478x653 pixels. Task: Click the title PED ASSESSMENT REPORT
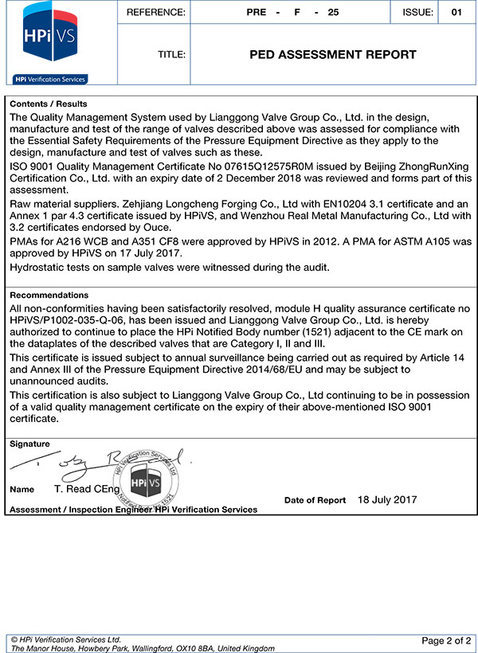pos(333,55)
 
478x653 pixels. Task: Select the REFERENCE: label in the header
pos(156,12)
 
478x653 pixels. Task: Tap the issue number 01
pos(456,12)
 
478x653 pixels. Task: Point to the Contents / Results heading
pos(49,104)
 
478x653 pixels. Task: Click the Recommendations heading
pos(49,295)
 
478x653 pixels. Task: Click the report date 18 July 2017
pos(387,500)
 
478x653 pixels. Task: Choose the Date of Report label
pos(315,501)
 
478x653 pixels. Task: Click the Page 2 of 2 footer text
pos(446,640)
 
